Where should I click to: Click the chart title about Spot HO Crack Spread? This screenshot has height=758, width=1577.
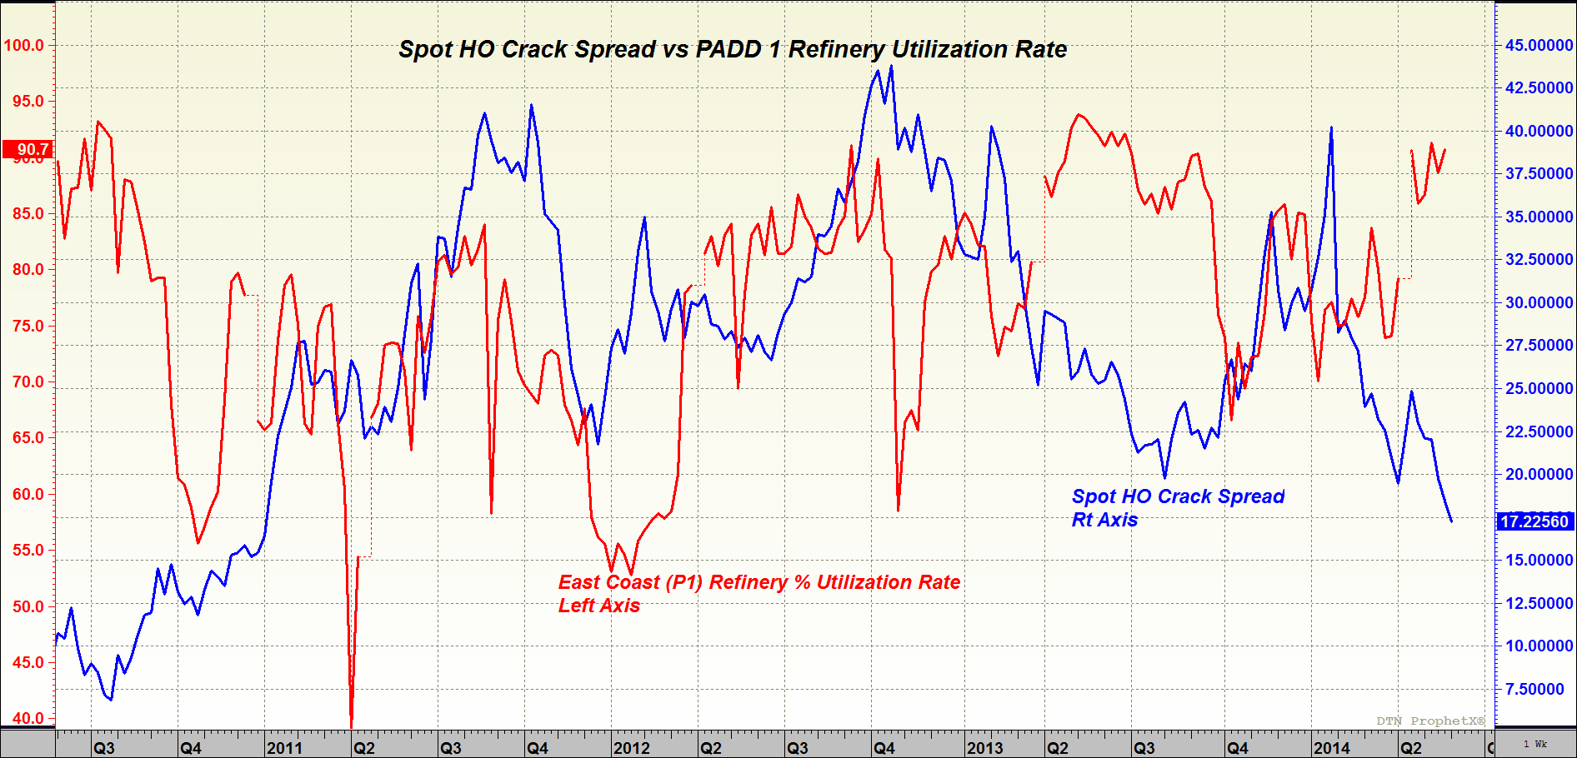click(732, 49)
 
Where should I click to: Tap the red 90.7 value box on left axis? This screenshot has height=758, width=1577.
click(28, 150)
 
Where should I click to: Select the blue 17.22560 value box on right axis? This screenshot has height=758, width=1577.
click(1534, 521)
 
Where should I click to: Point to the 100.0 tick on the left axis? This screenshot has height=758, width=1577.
click(24, 45)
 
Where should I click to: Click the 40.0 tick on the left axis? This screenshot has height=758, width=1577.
click(28, 718)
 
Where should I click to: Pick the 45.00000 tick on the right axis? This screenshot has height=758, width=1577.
click(1539, 45)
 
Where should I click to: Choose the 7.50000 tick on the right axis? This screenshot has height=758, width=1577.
click(1539, 689)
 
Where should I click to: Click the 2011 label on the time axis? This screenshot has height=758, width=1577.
click(284, 747)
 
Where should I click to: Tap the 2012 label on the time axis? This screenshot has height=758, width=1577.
click(631, 747)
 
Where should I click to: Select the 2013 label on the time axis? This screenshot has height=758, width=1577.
click(984, 747)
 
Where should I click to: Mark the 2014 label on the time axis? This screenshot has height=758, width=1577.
click(1331, 747)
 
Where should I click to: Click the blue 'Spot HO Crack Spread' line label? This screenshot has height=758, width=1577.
click(1177, 497)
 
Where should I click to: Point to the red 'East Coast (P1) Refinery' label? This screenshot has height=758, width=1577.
click(758, 582)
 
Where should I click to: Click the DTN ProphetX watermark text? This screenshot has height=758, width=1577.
click(1430, 721)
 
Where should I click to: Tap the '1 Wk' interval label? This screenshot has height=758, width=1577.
click(1534, 744)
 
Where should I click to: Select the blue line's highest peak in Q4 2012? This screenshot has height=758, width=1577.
click(891, 67)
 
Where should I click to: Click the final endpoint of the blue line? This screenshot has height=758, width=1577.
click(1452, 521)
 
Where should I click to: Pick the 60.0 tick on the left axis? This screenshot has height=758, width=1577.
click(28, 494)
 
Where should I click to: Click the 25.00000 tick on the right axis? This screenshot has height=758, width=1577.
click(1539, 388)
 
